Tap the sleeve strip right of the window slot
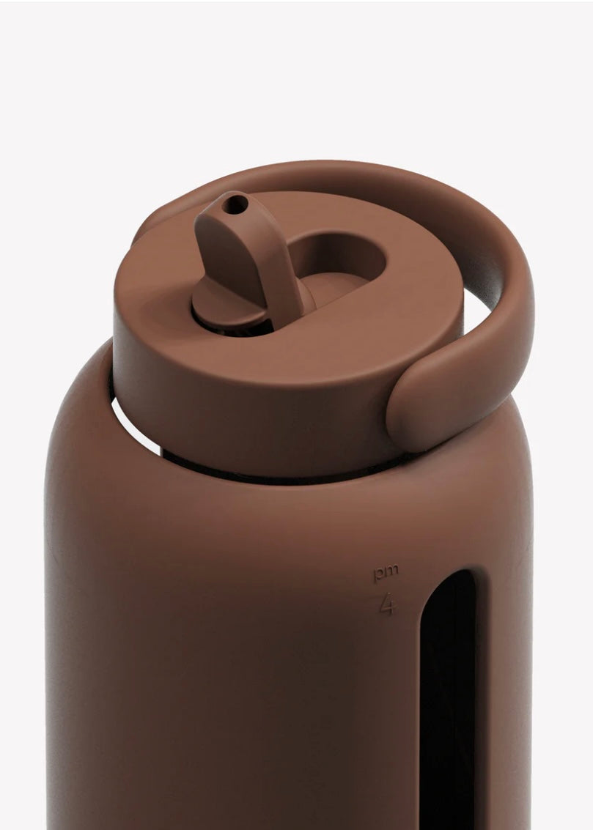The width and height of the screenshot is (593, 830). pos(506,696)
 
